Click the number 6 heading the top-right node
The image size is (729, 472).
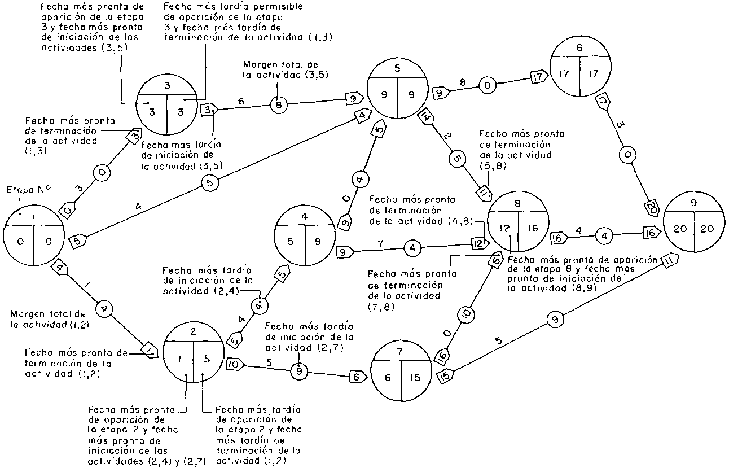(x=579, y=48)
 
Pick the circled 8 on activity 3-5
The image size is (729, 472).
(x=278, y=104)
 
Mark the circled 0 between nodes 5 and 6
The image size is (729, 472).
(x=487, y=86)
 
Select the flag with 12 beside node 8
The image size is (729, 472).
(x=478, y=243)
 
